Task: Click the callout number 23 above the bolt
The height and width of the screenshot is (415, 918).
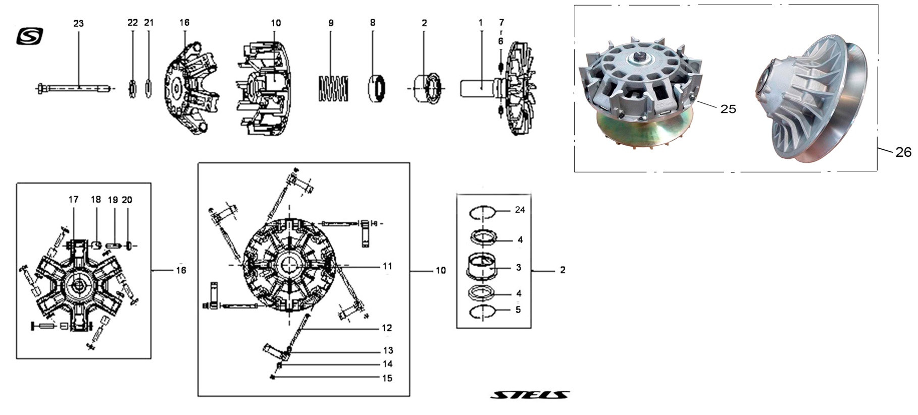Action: (78, 24)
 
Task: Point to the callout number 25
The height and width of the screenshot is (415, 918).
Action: (728, 109)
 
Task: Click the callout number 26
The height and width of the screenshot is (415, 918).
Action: (903, 152)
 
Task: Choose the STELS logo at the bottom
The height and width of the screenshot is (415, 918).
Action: (530, 394)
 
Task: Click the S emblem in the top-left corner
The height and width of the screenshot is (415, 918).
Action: (30, 36)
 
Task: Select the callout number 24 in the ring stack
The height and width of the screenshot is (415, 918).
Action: (520, 210)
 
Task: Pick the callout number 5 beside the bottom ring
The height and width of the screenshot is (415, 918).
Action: (518, 310)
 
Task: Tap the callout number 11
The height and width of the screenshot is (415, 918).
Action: (387, 266)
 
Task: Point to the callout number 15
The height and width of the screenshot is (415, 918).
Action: (387, 378)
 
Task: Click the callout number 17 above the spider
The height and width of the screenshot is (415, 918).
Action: (74, 200)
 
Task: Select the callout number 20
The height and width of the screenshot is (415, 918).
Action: (127, 200)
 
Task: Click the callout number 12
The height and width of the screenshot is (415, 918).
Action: (387, 328)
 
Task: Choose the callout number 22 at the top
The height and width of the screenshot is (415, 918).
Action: (132, 23)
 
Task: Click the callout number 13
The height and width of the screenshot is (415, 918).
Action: (388, 350)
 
